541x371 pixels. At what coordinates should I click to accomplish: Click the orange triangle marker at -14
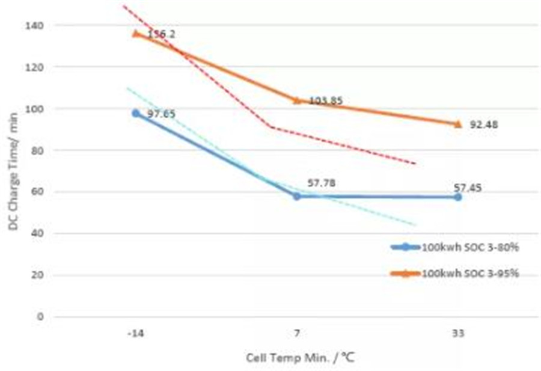[x=136, y=33]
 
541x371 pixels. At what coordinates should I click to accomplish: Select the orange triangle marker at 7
[x=297, y=100]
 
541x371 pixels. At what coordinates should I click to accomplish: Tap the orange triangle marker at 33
[x=458, y=124]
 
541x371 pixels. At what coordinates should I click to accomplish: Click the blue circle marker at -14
[x=136, y=113]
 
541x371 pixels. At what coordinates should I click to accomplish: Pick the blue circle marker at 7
[x=297, y=196]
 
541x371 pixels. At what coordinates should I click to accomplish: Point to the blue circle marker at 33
[x=458, y=197]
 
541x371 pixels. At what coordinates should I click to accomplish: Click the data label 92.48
[x=484, y=125]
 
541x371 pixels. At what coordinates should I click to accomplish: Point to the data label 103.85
[x=326, y=101]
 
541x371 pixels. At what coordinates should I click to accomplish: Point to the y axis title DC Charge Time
[x=13, y=171]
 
